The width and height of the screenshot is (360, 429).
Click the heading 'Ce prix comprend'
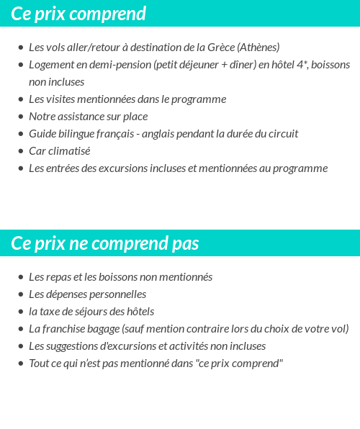click(x=78, y=14)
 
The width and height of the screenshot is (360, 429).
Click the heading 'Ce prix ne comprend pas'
click(x=105, y=243)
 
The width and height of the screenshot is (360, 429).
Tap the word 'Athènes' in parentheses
click(x=258, y=48)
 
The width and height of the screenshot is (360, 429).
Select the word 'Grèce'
click(x=221, y=48)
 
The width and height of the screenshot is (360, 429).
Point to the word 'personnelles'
click(x=118, y=294)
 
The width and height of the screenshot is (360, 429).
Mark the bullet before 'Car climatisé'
click(x=21, y=151)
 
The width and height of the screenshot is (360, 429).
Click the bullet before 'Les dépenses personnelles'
click(x=21, y=294)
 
